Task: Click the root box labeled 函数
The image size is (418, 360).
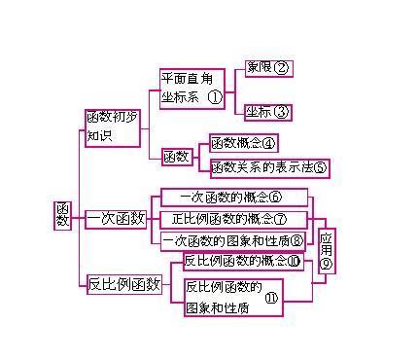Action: click(x=63, y=216)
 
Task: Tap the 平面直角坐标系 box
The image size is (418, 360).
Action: click(x=192, y=86)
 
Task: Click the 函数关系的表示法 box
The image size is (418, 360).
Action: click(x=269, y=167)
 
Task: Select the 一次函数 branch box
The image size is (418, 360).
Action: click(x=117, y=219)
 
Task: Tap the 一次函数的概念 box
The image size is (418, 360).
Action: click(x=233, y=198)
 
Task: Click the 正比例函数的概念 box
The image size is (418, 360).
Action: click(x=233, y=219)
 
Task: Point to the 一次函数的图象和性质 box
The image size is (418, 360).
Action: click(x=233, y=240)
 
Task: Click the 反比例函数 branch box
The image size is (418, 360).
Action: click(x=123, y=284)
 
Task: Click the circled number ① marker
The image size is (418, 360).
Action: click(x=215, y=97)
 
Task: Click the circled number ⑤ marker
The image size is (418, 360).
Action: click(x=321, y=168)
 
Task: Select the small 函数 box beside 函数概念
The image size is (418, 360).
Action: click(x=177, y=156)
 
